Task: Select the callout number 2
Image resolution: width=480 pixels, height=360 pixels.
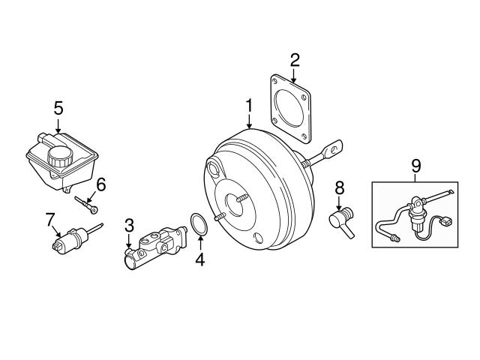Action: [x=295, y=59]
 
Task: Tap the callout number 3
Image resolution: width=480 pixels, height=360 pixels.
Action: [x=129, y=225]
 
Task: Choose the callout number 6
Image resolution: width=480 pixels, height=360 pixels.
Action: [x=101, y=183]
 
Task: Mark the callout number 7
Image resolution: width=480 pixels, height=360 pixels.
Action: [x=50, y=220]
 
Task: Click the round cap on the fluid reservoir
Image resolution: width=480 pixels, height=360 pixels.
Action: [x=59, y=155]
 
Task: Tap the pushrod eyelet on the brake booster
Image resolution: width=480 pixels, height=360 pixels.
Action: [x=334, y=145]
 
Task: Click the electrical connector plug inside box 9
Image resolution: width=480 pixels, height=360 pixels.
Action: [x=446, y=222]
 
